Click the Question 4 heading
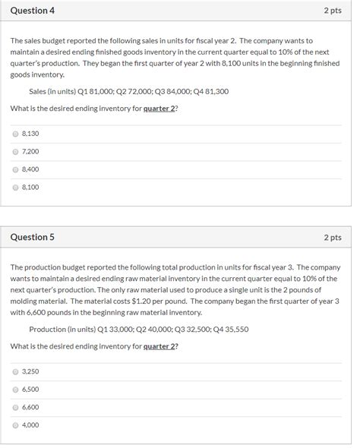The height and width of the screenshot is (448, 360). [33, 11]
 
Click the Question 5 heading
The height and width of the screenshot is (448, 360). [33, 237]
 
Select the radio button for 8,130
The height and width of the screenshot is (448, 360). [15, 133]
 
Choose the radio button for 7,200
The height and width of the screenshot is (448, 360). [15, 151]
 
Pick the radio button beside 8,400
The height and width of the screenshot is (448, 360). [15, 169]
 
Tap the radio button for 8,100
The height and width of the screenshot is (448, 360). [15, 187]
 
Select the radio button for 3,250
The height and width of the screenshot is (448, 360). [15, 371]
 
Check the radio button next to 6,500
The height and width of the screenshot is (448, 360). [15, 389]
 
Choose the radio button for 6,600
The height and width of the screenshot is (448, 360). [15, 407]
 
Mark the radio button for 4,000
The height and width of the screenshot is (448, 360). [15, 425]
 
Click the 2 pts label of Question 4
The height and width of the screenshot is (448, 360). [333, 11]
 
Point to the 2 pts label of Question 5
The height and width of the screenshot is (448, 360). [333, 237]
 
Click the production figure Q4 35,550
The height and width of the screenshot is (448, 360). [227, 330]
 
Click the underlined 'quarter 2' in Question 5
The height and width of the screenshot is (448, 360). [160, 346]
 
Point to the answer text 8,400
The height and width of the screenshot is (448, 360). [30, 169]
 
